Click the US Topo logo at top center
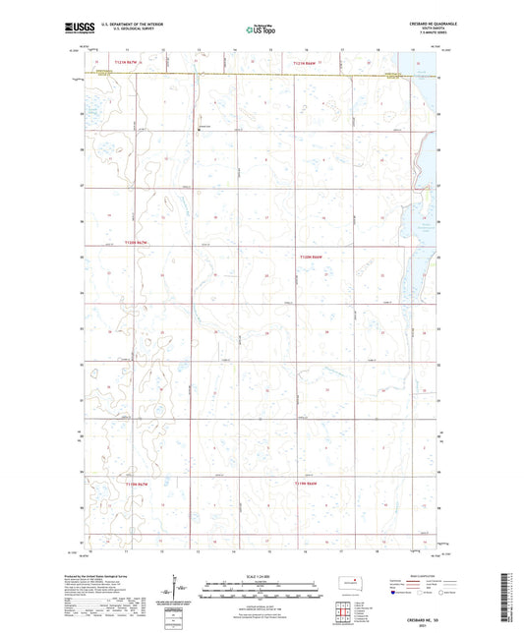click(261, 30)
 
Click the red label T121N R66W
click(305, 63)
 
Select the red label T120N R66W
click(311, 257)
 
